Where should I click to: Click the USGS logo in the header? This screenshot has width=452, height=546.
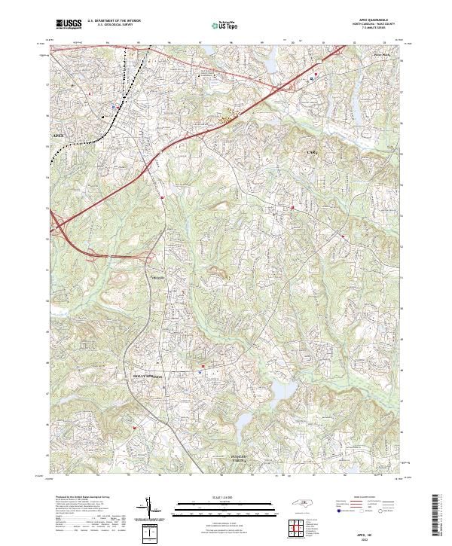[x=69, y=25]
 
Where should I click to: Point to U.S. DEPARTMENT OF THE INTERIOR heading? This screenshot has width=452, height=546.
[x=113, y=20]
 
